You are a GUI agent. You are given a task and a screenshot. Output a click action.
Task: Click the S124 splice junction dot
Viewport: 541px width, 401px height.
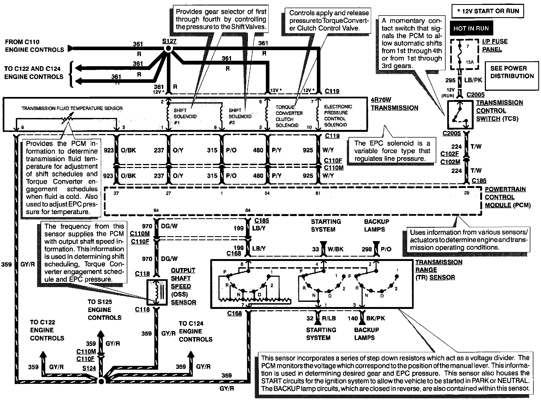click(x=101, y=381)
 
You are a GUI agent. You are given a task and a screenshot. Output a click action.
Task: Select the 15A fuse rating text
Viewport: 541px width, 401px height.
click(x=470, y=62)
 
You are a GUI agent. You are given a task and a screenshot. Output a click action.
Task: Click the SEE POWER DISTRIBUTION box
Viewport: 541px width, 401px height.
click(x=512, y=72)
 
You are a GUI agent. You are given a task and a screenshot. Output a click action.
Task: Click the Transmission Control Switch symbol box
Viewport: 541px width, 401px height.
click(x=460, y=115)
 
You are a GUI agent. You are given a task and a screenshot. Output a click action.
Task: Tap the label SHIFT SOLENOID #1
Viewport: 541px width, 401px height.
click(x=185, y=116)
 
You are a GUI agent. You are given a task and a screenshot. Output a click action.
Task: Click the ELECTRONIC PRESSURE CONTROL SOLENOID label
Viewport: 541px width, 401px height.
click(x=338, y=116)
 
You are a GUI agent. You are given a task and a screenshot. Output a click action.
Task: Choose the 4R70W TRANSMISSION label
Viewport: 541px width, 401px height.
click(x=394, y=104)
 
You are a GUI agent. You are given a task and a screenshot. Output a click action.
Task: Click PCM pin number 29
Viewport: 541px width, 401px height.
click(x=467, y=193)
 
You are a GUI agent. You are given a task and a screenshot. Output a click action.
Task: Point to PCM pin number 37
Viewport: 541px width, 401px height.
click(x=116, y=193)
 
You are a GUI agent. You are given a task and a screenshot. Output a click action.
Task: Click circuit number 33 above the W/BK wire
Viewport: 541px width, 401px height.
click(x=315, y=249)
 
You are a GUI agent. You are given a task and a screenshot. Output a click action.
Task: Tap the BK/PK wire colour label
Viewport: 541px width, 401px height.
click(x=375, y=318)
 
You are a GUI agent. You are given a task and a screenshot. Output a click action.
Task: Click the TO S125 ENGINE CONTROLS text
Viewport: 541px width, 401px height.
click(x=104, y=310)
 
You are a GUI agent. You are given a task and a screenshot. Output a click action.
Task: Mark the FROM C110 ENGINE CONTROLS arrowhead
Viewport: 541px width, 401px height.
click(x=71, y=49)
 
